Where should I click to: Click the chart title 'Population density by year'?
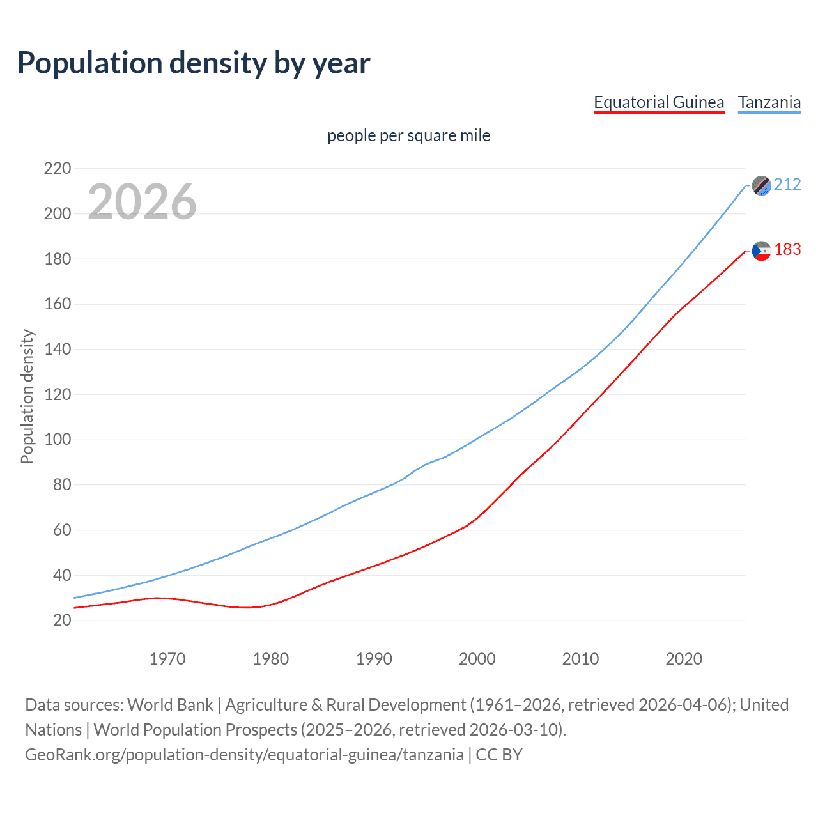pyautogui.click(x=194, y=63)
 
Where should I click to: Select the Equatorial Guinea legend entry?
pyautogui.click(x=659, y=102)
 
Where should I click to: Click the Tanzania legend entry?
pyautogui.click(x=769, y=102)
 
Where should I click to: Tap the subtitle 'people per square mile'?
pyautogui.click(x=409, y=136)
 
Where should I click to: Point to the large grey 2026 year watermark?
pyautogui.click(x=142, y=202)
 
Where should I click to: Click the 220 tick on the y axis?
pyautogui.click(x=58, y=169)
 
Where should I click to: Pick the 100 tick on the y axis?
pyautogui.click(x=58, y=440)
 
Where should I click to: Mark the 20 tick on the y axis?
pyautogui.click(x=62, y=621)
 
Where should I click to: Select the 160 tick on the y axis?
pyautogui.click(x=58, y=304)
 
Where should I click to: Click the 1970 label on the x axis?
pyautogui.click(x=167, y=659)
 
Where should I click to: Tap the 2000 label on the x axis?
pyautogui.click(x=477, y=659)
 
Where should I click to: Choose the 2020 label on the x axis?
pyautogui.click(x=684, y=659)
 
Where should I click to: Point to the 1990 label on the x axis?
pyautogui.click(x=374, y=659)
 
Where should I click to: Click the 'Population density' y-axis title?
pyautogui.click(x=27, y=396)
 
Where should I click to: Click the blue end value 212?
pyautogui.click(x=787, y=185)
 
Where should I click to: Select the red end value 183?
pyautogui.click(x=787, y=250)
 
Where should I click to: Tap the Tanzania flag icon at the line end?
pyautogui.click(x=761, y=185)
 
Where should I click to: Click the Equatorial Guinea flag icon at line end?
pyautogui.click(x=761, y=251)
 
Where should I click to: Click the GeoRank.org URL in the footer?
pyautogui.click(x=244, y=755)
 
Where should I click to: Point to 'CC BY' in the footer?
pyautogui.click(x=499, y=755)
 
